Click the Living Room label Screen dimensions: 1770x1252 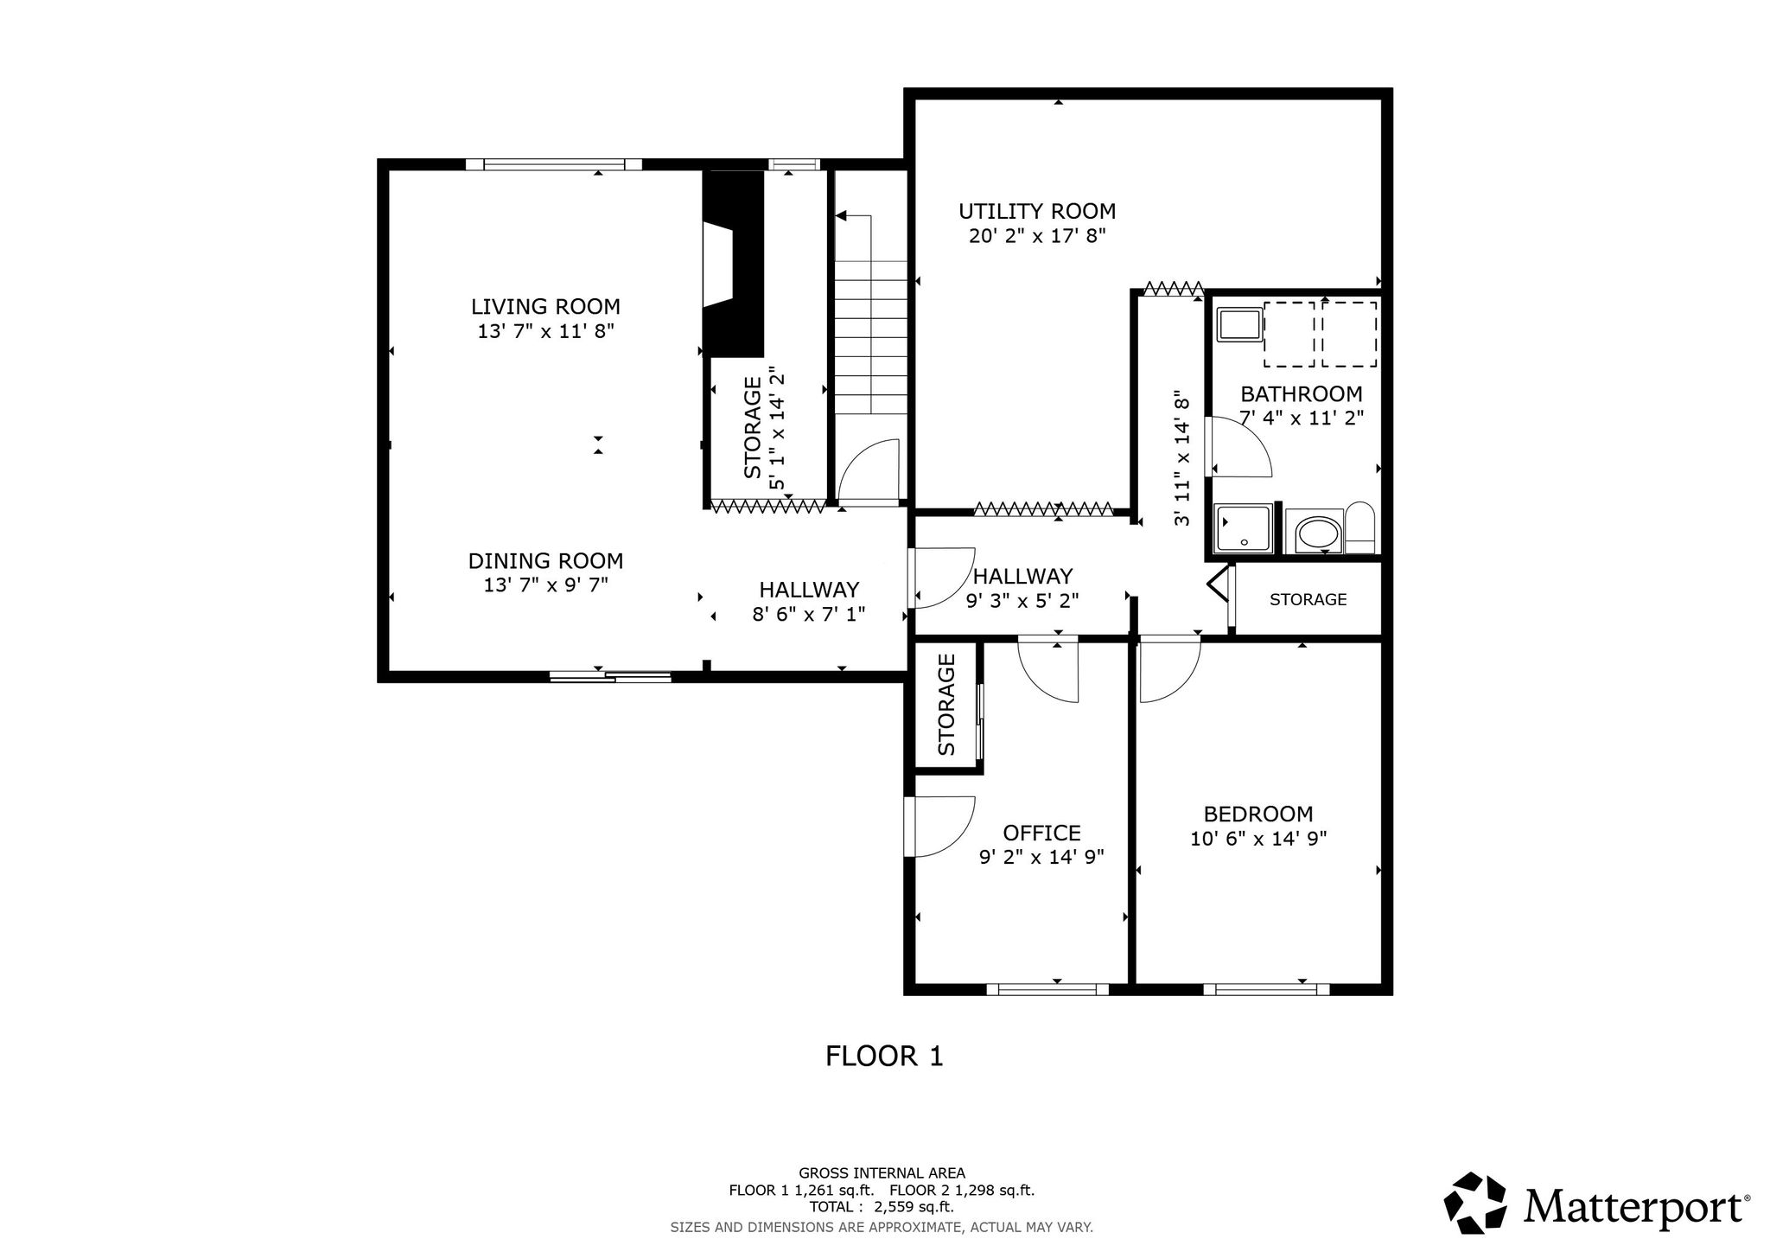click(x=545, y=306)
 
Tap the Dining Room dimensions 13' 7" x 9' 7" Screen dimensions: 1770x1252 click(x=545, y=585)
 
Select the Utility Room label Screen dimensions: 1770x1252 click(x=1037, y=211)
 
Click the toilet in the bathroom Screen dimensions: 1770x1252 click(x=1360, y=527)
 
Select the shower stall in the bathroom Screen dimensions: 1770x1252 click(x=1244, y=529)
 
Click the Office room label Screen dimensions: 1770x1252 click(x=1041, y=833)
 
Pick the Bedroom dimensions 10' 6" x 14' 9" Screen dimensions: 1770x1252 click(x=1258, y=839)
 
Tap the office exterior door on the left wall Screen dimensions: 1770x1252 click(x=940, y=826)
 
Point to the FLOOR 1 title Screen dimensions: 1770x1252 click(x=884, y=1057)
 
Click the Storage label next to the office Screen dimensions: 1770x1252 click(x=946, y=705)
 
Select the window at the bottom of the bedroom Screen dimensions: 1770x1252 click(x=1266, y=989)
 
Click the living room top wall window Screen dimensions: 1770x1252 click(x=554, y=164)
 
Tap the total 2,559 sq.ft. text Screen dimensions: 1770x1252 click(x=882, y=1207)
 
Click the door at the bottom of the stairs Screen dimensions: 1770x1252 click(x=869, y=471)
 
